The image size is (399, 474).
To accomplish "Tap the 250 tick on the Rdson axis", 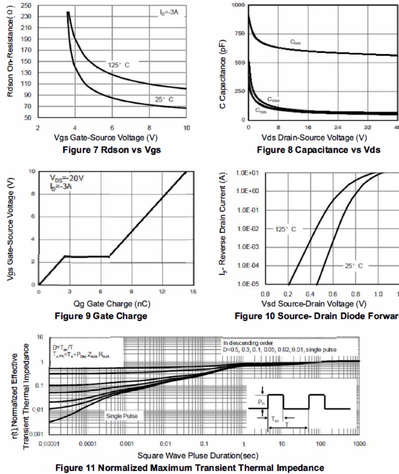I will click(26, 6).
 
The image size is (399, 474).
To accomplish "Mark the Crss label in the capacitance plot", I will click(260, 110).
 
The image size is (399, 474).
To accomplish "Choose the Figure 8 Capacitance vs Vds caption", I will click(318, 149).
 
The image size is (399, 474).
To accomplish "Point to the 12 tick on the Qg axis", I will click(162, 291).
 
